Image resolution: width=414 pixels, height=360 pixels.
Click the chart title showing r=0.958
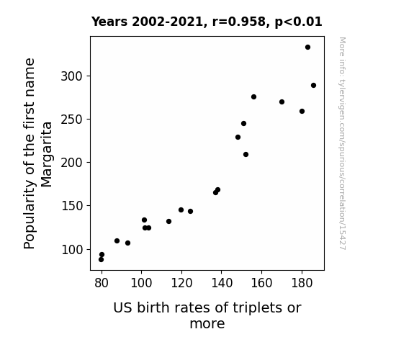click(x=207, y=22)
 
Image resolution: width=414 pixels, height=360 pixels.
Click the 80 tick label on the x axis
click(x=102, y=283)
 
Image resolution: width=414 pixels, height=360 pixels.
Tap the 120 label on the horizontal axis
click(x=181, y=283)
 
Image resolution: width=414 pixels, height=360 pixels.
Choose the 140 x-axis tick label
click(x=222, y=283)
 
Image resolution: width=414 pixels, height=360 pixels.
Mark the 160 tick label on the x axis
click(x=261, y=283)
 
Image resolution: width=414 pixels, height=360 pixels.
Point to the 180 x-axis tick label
click(x=302, y=283)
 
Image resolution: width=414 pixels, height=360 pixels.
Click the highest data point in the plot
click(x=307, y=48)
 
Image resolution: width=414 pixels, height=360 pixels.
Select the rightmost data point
click(x=313, y=85)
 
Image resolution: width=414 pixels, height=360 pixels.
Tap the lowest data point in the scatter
click(x=101, y=260)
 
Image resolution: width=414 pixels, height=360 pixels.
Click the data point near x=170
click(x=282, y=102)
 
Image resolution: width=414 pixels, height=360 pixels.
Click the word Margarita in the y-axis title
click(x=47, y=155)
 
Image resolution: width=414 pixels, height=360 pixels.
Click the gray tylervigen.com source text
click(x=342, y=143)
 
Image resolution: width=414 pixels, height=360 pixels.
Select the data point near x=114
click(x=168, y=221)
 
